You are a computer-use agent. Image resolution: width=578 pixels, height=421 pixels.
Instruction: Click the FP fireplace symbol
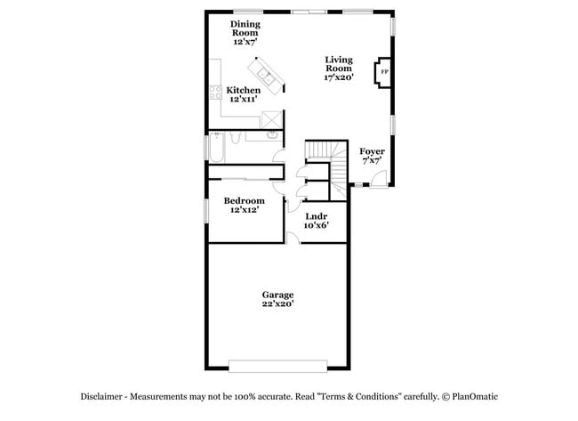(x=384, y=72)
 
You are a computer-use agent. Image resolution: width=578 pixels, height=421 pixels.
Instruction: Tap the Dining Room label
(x=245, y=28)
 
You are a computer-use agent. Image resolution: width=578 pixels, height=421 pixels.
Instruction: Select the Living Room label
(x=339, y=63)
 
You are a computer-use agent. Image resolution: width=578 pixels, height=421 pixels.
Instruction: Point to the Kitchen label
(x=243, y=90)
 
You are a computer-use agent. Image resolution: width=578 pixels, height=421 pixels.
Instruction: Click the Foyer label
(x=372, y=151)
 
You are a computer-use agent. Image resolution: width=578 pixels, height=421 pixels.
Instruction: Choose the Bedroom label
(x=244, y=200)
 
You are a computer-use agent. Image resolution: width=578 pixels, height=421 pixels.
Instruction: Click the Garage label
(x=277, y=295)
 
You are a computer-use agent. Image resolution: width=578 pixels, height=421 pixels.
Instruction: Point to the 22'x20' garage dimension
(x=277, y=304)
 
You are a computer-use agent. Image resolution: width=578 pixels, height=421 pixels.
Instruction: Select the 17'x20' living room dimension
(x=339, y=77)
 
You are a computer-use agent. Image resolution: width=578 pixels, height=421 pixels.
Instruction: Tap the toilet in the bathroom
(x=234, y=136)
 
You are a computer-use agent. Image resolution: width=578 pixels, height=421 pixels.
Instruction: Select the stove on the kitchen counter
(x=214, y=93)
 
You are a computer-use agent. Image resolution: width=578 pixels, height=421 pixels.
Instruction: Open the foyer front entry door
(x=378, y=178)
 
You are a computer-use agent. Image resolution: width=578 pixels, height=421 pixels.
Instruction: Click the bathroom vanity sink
(x=270, y=135)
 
